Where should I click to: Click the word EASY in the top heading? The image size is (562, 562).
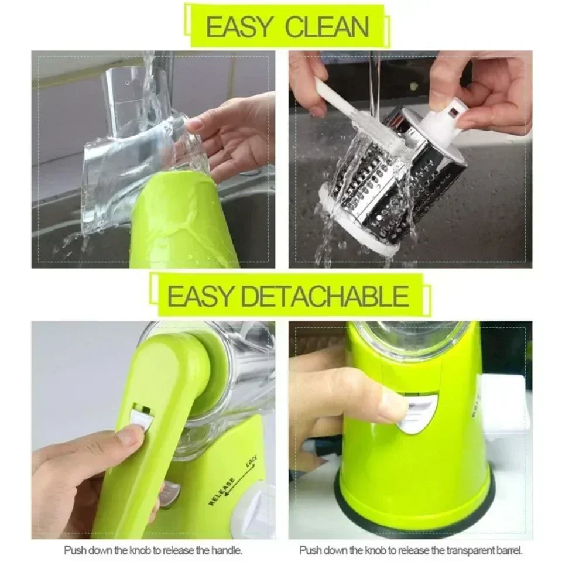(239, 27)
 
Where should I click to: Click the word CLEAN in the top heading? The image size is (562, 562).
(328, 27)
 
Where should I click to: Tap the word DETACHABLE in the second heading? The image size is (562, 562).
(325, 296)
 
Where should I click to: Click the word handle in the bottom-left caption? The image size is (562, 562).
(226, 550)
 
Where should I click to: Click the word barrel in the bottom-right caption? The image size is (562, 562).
(502, 550)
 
